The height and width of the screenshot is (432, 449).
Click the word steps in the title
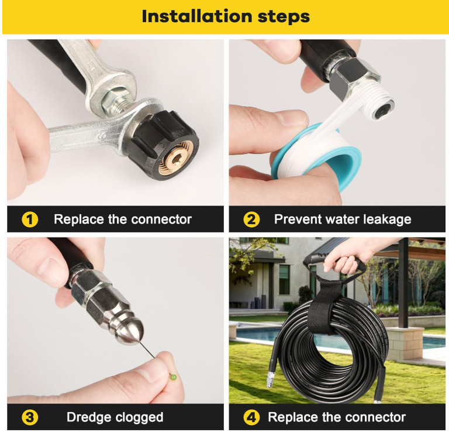[284, 16]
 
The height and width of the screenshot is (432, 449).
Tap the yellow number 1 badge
[30, 220]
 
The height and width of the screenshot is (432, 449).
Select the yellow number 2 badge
[251, 220]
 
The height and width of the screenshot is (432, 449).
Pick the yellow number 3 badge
[30, 417]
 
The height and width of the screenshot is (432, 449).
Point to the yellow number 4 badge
[251, 417]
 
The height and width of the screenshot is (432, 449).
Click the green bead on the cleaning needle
[174, 377]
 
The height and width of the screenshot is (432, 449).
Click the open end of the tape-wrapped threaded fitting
[383, 109]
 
